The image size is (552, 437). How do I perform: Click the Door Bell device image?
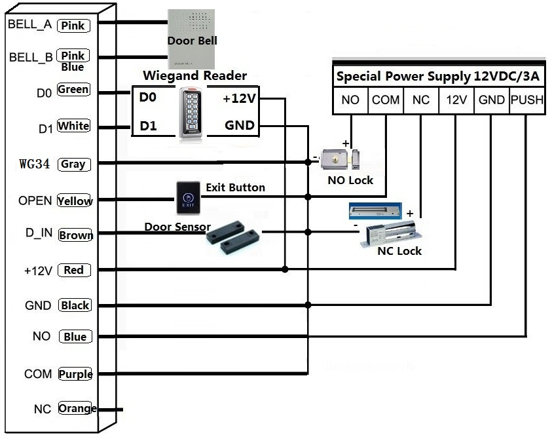[x=191, y=39]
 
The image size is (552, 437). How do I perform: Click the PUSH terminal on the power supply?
[x=526, y=100]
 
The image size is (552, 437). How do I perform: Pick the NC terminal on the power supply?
[x=420, y=100]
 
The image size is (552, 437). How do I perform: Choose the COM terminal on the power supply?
[x=386, y=100]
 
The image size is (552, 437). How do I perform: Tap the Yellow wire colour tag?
[x=75, y=201]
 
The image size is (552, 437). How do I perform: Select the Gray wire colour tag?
[x=73, y=164]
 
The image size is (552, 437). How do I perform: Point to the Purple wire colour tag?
[x=75, y=374]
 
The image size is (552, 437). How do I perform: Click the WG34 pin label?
[x=35, y=164]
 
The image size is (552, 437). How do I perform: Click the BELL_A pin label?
[x=29, y=25]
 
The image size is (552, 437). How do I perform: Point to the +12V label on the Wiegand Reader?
[x=239, y=99]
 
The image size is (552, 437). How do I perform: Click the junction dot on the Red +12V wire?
[x=285, y=269]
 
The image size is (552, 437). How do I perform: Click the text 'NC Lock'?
[x=399, y=251]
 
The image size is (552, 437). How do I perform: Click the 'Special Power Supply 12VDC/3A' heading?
[x=437, y=76]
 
